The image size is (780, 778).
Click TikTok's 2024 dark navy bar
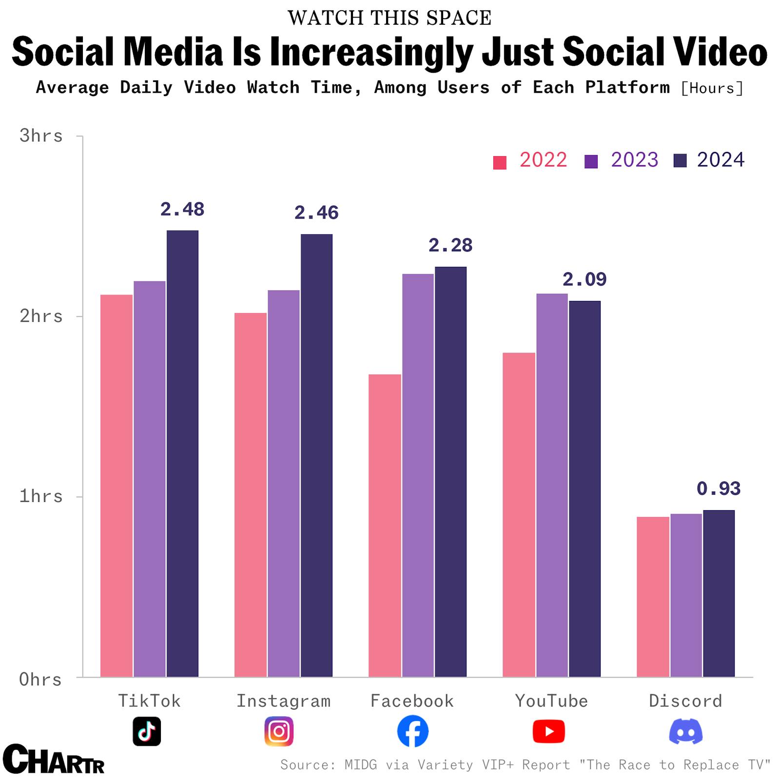(182, 453)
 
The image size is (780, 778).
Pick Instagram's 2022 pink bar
(250, 495)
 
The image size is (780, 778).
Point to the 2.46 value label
(316, 213)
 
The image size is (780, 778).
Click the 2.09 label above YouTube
(584, 279)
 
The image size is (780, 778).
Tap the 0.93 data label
(718, 489)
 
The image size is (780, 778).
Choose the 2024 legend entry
(709, 160)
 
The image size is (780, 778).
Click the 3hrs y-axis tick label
(41, 136)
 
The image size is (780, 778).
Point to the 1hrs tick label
(41, 497)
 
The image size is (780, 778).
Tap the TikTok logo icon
(147, 731)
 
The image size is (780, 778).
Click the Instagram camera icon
(279, 731)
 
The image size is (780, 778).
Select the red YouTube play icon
(548, 731)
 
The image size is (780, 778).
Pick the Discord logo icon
(685, 731)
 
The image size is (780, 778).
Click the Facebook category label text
(412, 701)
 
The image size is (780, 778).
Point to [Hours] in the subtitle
(712, 88)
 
